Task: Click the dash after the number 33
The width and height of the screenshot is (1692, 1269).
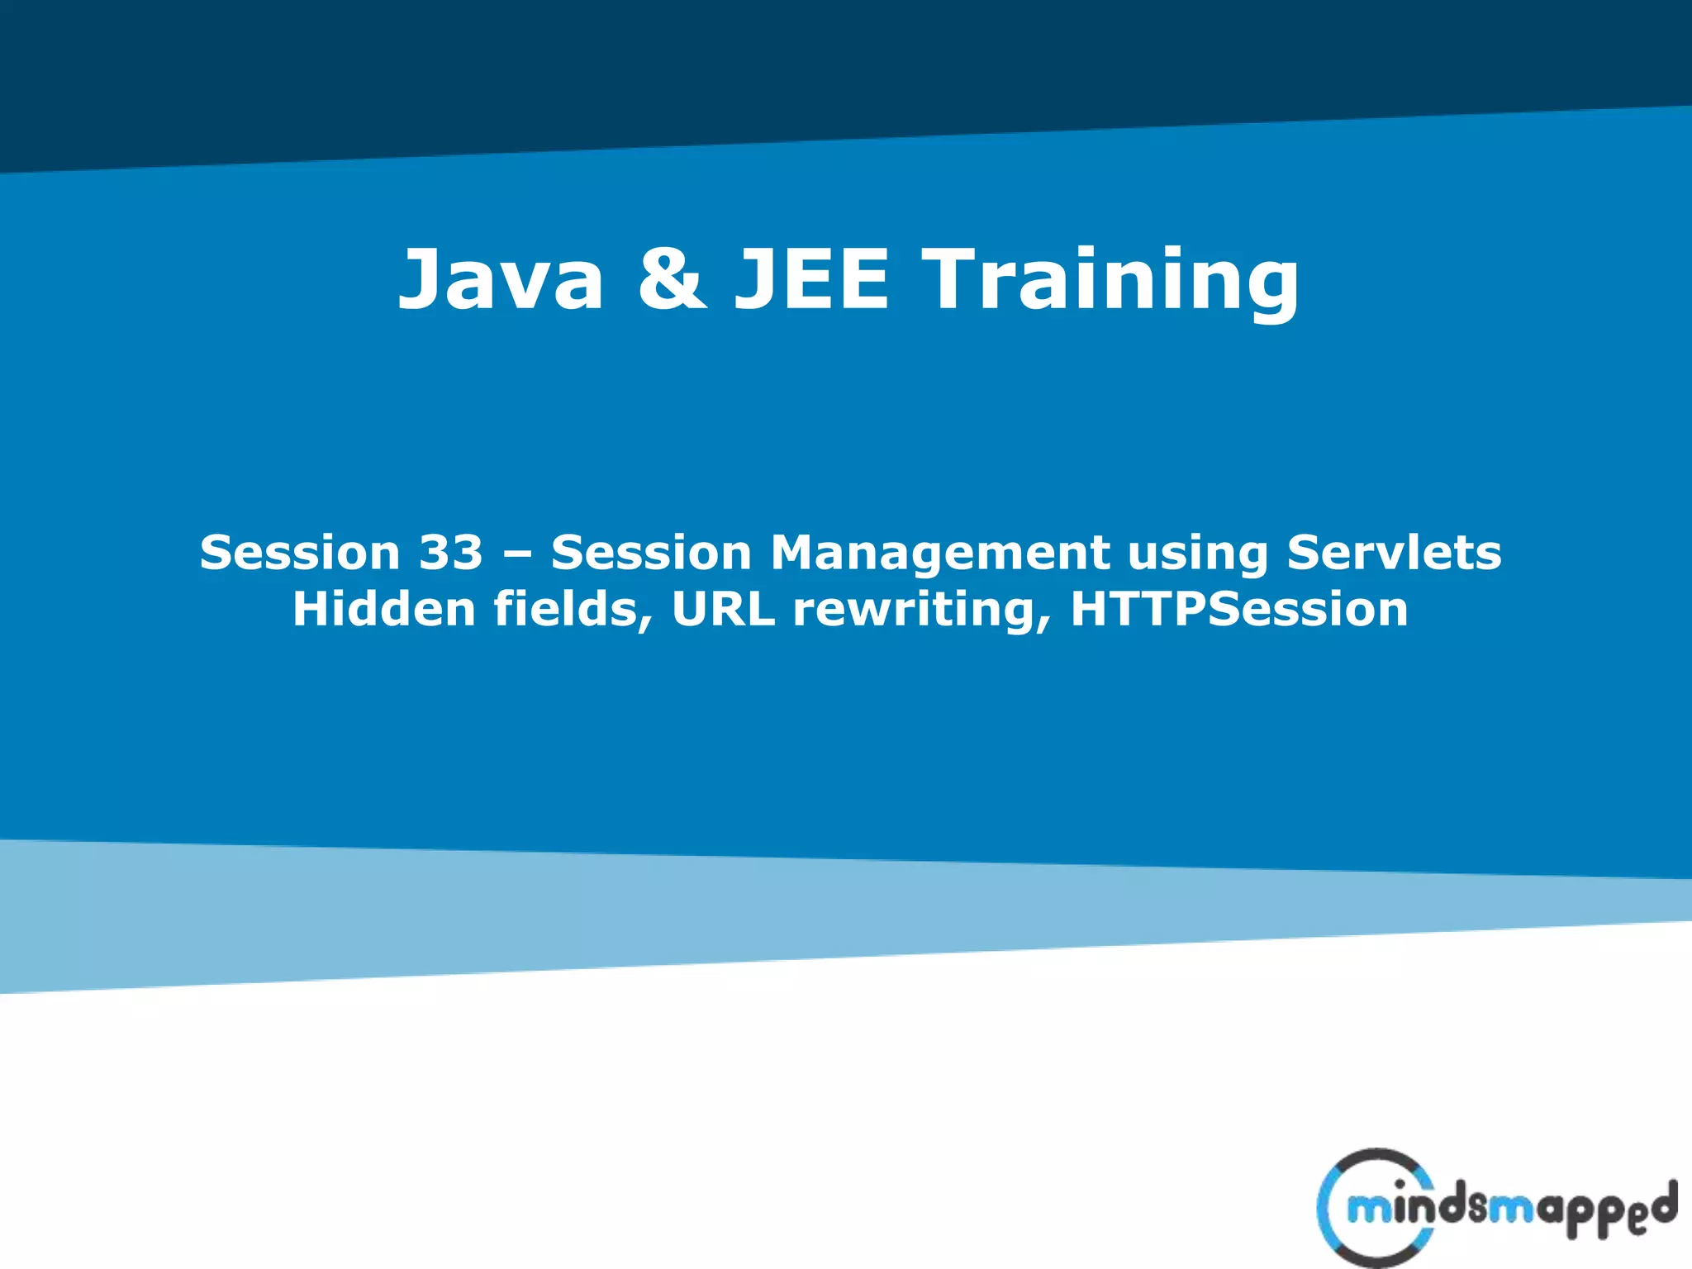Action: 517,554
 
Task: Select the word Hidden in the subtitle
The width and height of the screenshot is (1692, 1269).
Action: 384,609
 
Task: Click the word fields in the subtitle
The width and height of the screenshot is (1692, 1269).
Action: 564,609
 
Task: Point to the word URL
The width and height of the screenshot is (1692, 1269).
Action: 723,609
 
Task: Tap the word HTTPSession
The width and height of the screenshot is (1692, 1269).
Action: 1239,609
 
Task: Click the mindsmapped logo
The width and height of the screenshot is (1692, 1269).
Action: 1495,1208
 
